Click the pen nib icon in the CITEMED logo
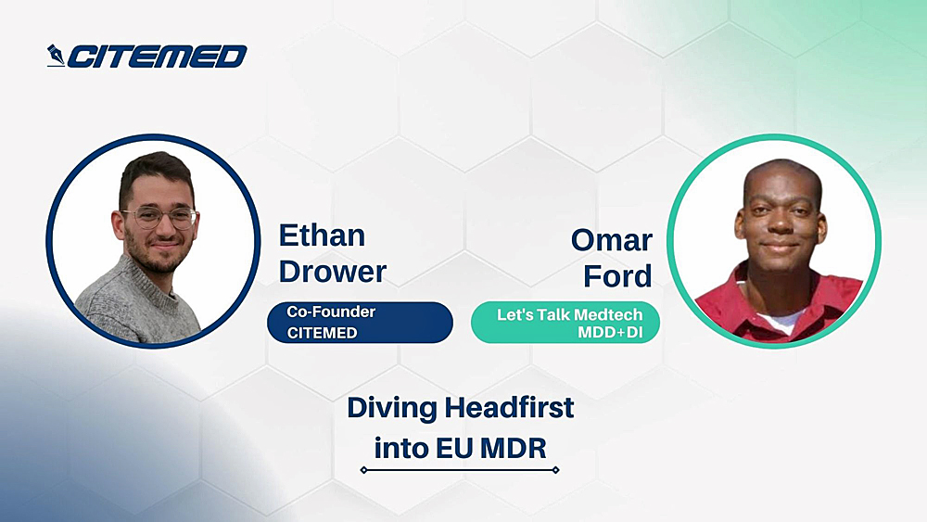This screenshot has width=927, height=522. (x=57, y=57)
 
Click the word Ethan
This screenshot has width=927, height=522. (x=322, y=236)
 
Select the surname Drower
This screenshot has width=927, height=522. (x=332, y=272)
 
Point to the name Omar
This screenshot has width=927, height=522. (x=611, y=240)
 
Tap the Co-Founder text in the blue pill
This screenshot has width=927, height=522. (x=331, y=312)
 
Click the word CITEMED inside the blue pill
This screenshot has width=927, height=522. (x=322, y=333)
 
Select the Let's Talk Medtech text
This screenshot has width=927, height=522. (x=569, y=314)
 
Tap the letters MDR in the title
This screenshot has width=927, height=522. (x=514, y=449)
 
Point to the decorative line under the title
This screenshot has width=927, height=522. (x=460, y=470)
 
